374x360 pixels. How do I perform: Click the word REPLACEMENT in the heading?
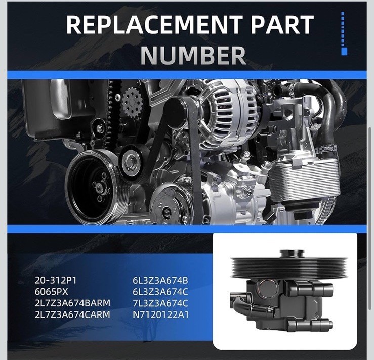154,25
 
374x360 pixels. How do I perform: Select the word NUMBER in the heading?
193,55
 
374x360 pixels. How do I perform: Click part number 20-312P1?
55,281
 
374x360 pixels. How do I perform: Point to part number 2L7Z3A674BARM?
72,303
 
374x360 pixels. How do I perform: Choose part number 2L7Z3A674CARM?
72,314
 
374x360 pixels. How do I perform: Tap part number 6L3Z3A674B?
160,281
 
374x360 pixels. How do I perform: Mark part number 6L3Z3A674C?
160,292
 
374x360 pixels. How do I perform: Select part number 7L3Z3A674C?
160,303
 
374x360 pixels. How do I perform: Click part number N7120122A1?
160,314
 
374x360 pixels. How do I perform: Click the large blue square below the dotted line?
344,51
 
